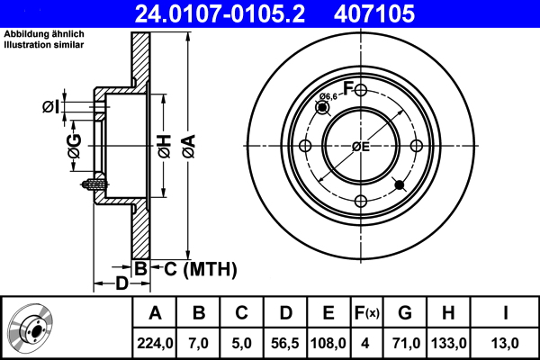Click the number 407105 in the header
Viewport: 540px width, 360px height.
pyautogui.click(x=400, y=14)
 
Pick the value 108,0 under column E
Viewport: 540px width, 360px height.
pyautogui.click(x=329, y=342)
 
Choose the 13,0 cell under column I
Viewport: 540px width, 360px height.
pyautogui.click(x=506, y=342)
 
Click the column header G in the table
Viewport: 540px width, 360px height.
pyautogui.click(x=405, y=313)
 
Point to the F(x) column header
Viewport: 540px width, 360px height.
pyautogui.click(x=367, y=313)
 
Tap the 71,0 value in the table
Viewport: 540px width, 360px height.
pyautogui.click(x=405, y=342)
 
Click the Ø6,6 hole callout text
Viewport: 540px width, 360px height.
pyautogui.click(x=328, y=96)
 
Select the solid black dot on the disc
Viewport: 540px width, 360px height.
pyautogui.click(x=400, y=185)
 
